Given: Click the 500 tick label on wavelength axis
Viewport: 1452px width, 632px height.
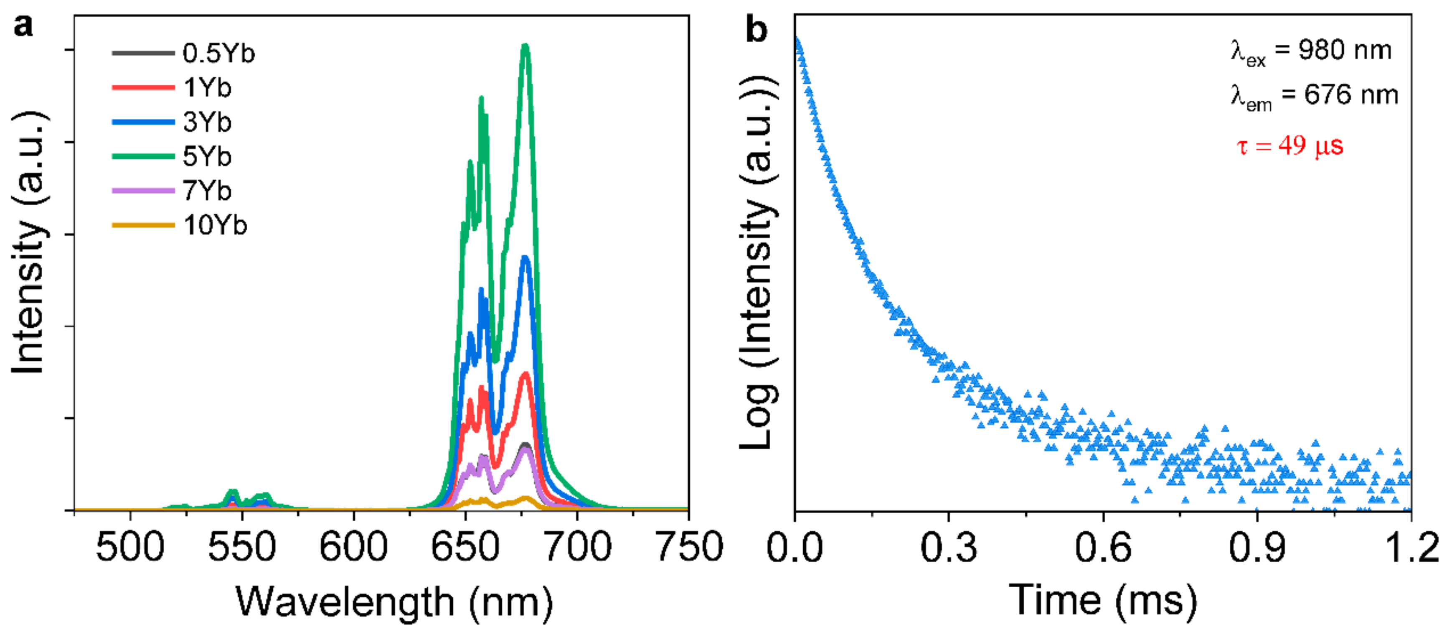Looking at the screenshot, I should (130, 547).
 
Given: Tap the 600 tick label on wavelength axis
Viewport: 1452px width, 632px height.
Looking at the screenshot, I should (353, 547).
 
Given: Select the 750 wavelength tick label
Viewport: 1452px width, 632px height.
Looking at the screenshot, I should (689, 547).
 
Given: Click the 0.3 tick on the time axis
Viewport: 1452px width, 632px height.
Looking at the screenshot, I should (949, 547).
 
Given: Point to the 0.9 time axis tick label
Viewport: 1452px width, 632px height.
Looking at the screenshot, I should (1257, 547).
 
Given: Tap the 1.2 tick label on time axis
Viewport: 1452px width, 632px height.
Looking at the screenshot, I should (1411, 547).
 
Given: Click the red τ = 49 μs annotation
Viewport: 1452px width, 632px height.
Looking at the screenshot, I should (1290, 146).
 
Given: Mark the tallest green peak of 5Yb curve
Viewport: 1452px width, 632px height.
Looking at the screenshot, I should (525, 46).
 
